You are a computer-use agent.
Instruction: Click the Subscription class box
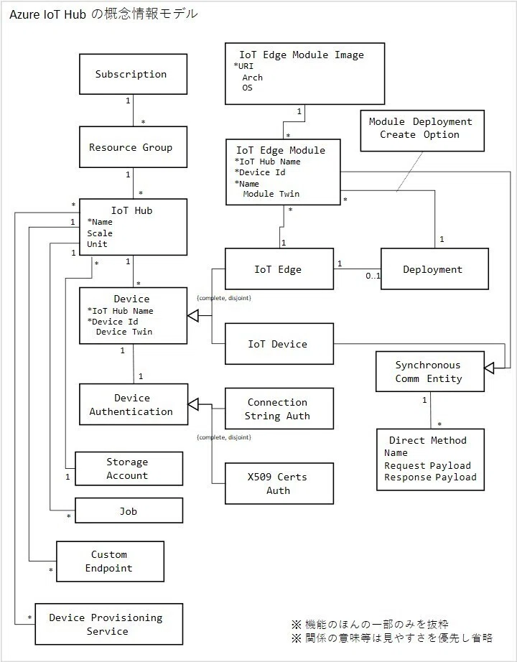tap(133, 74)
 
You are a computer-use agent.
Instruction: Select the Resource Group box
tap(133, 147)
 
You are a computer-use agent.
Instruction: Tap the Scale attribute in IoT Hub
tap(100, 233)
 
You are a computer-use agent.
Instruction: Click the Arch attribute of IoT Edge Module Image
tap(252, 78)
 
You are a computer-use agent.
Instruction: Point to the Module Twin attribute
tap(271, 194)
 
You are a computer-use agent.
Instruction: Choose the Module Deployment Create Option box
tap(422, 131)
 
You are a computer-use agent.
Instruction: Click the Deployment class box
tap(434, 269)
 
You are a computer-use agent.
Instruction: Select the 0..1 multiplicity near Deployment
tap(373, 276)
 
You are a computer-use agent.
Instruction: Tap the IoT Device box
tap(279, 344)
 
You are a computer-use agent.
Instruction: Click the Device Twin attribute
tap(124, 332)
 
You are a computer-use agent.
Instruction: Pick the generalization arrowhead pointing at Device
tap(192, 315)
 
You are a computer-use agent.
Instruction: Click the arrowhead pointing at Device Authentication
tap(193, 404)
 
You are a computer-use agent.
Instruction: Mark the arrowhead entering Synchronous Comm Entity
tap(489, 368)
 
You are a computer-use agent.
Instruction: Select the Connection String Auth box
tap(279, 409)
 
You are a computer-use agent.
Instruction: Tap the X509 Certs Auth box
tap(279, 483)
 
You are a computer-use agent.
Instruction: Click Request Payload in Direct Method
tap(427, 466)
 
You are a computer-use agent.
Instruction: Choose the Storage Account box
tap(129, 469)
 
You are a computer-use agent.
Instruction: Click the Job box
tap(129, 511)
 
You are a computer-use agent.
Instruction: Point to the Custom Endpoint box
tap(111, 561)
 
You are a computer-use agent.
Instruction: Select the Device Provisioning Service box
tap(109, 624)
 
